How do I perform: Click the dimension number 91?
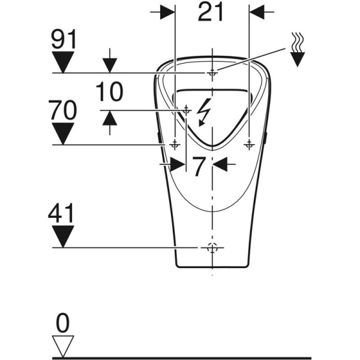pyautogui.click(x=63, y=40)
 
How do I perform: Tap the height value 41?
pyautogui.click(x=63, y=213)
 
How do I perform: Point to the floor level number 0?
pyautogui.click(x=63, y=325)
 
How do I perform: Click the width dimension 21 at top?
pyautogui.click(x=211, y=13)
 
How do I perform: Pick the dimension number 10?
pyautogui.click(x=109, y=92)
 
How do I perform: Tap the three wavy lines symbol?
pyautogui.click(x=297, y=43)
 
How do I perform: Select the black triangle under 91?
pyautogui.click(x=63, y=61)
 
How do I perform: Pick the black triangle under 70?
pyautogui.click(x=63, y=131)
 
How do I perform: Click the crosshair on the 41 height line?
pyautogui.click(x=211, y=248)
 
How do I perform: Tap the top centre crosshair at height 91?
pyautogui.click(x=211, y=73)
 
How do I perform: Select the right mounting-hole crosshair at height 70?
pyautogui.click(x=248, y=145)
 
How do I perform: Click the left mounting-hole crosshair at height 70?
pyautogui.click(x=175, y=145)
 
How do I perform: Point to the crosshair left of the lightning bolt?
pyautogui.click(x=186, y=110)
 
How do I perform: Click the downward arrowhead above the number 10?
pyautogui.click(x=109, y=65)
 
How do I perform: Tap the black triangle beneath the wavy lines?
pyautogui.click(x=297, y=59)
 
